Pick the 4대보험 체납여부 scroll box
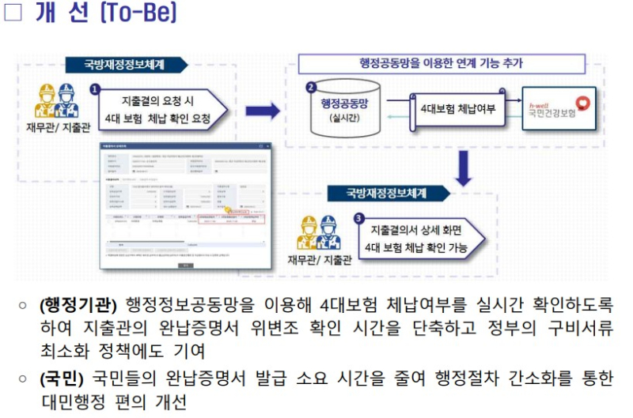click(x=457, y=109)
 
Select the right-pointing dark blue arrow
click(x=262, y=111)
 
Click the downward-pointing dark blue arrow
click(x=465, y=168)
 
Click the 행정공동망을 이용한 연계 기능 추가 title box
click(x=441, y=63)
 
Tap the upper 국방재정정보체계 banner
click(x=126, y=65)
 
